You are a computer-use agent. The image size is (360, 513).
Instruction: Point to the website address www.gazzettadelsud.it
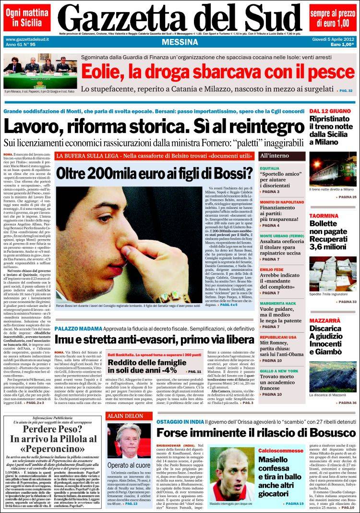[x=28, y=39]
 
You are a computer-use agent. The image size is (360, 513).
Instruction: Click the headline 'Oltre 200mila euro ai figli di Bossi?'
[x=155, y=173]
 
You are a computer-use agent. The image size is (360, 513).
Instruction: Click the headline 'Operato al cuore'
[x=129, y=465]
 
